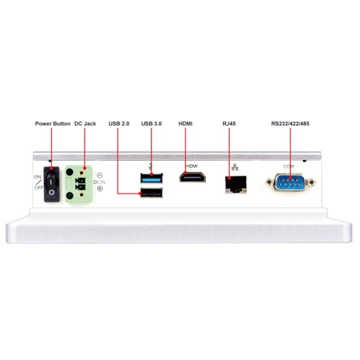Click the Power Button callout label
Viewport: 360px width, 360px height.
[x=53, y=124]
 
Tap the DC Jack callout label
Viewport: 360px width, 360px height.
[x=85, y=124]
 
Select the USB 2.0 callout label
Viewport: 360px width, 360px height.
[x=119, y=124]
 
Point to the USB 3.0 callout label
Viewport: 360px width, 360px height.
[x=151, y=124]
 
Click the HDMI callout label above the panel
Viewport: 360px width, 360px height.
[x=186, y=124]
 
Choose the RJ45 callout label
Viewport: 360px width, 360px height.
[x=229, y=124]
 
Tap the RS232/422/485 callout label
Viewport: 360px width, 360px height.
[x=290, y=124]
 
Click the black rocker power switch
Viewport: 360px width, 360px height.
[x=52, y=184]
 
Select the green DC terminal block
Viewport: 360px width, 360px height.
[x=78, y=184]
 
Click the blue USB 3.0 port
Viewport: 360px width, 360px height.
[x=151, y=179]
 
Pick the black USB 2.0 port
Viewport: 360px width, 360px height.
[x=151, y=193]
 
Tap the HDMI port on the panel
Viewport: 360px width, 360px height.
[x=192, y=177]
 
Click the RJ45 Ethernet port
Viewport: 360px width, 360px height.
[x=236, y=184]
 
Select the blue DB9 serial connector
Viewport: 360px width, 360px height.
[x=290, y=182]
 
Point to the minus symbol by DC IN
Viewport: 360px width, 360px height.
[x=100, y=175]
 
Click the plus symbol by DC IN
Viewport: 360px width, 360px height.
[x=100, y=189]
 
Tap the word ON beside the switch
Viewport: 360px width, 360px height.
[x=37, y=177]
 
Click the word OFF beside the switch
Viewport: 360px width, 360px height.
[x=38, y=187]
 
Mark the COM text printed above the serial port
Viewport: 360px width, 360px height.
[x=289, y=166]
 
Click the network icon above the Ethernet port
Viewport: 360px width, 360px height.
[x=235, y=167]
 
